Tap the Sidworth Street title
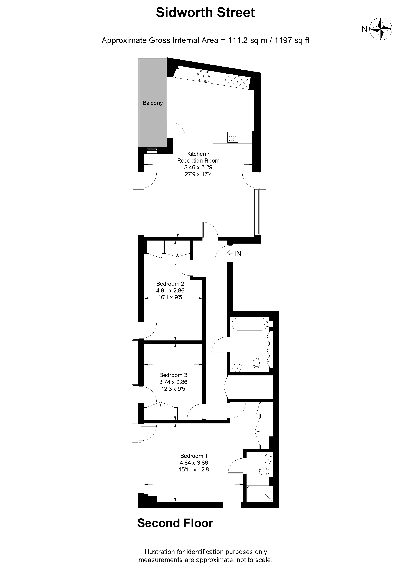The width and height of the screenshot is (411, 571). [x=205, y=13]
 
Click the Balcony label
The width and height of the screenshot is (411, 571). [x=153, y=103]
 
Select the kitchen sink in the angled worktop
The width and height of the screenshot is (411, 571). [x=203, y=76]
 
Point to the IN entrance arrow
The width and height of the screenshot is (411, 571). [x=230, y=253]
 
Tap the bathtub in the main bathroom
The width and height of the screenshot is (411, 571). [x=249, y=324]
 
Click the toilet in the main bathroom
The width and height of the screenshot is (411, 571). [x=257, y=363]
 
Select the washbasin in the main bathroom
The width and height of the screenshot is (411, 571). [x=237, y=367]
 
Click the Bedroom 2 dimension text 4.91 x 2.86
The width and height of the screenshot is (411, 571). [x=170, y=290]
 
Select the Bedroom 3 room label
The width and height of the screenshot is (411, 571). [x=173, y=375]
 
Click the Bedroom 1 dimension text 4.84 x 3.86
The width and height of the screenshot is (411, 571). [x=194, y=463]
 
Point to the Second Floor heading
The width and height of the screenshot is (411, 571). [x=175, y=523]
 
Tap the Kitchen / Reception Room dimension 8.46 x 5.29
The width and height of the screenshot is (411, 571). [x=198, y=167]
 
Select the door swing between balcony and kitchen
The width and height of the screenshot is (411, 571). [x=177, y=130]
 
